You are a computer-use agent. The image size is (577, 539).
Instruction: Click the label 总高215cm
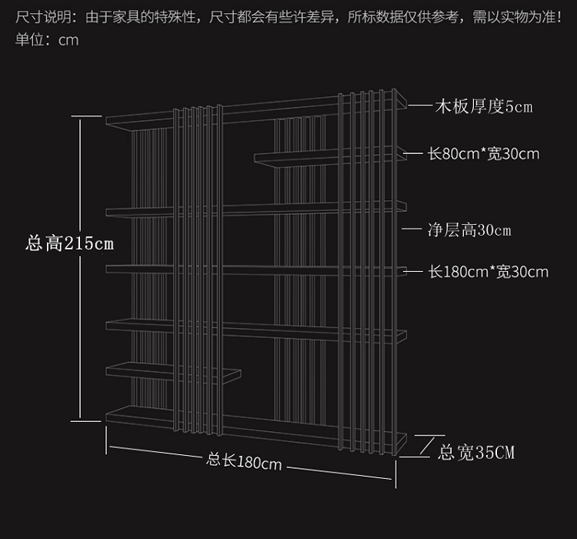69,244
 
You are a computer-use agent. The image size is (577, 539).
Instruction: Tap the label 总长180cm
244,462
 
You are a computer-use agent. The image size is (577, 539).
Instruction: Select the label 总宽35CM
475,453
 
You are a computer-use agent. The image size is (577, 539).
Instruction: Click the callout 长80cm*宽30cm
483,154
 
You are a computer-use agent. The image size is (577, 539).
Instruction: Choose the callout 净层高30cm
469,229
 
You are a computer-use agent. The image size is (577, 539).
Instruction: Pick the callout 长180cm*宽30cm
488,271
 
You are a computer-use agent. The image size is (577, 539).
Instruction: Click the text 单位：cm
47,40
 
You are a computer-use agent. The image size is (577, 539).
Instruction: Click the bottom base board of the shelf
254,427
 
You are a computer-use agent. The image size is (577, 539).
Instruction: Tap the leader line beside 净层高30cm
413,229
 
